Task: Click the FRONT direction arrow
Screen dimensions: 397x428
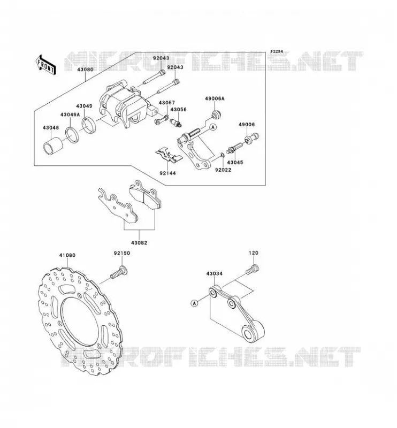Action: coord(45,65)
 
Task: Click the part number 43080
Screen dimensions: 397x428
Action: coord(85,70)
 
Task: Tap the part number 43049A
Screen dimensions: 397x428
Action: coord(70,114)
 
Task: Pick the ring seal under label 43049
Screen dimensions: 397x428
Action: coord(88,125)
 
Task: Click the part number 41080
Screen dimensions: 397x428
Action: coord(67,256)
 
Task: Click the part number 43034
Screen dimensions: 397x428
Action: coord(215,273)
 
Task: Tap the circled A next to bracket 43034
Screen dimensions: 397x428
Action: coord(194,303)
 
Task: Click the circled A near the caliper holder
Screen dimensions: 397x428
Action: coord(213,127)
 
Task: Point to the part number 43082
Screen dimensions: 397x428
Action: coord(139,243)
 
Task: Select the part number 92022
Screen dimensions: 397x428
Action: coord(223,170)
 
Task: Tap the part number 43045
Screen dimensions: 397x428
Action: coord(235,163)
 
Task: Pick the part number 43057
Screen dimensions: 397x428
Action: coord(167,103)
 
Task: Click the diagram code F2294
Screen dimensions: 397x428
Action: coord(277,51)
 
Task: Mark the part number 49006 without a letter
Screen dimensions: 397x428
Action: coord(247,125)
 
